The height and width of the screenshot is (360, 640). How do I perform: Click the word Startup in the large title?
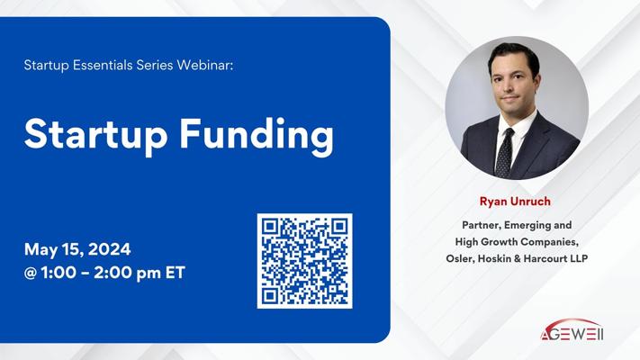coord(95,134)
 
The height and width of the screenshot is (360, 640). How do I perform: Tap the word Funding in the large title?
coord(257,136)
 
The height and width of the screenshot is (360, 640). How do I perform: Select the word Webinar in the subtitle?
coord(205,65)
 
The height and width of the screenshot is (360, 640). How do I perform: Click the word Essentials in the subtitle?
coord(103,65)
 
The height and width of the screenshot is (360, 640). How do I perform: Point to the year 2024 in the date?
coord(110,249)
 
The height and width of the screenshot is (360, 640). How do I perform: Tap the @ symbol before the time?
coord(31,273)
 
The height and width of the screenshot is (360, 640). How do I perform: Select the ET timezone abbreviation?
coord(176,273)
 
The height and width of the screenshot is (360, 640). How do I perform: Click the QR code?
coord(304,261)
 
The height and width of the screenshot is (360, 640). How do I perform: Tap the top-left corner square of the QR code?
coord(270,226)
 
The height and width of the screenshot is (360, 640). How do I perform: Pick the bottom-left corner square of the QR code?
coord(270,295)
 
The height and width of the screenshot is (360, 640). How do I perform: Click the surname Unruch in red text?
coord(529,202)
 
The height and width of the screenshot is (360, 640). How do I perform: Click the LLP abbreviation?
coord(579,258)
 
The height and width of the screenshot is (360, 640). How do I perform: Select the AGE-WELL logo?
coord(572,330)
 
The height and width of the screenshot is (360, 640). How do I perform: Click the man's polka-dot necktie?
coord(505,152)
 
